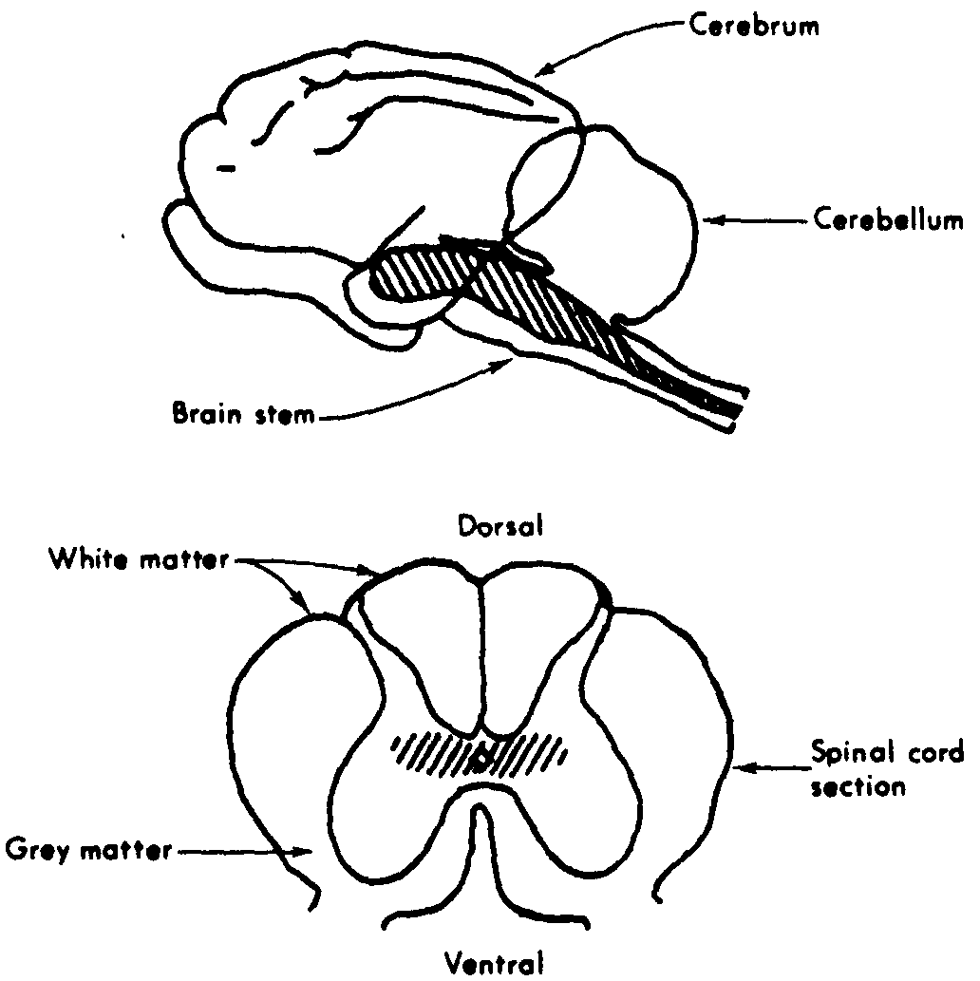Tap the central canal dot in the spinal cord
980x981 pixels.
click(x=481, y=758)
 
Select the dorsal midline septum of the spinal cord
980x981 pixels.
click(x=481, y=655)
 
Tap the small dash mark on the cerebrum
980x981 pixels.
click(x=225, y=168)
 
